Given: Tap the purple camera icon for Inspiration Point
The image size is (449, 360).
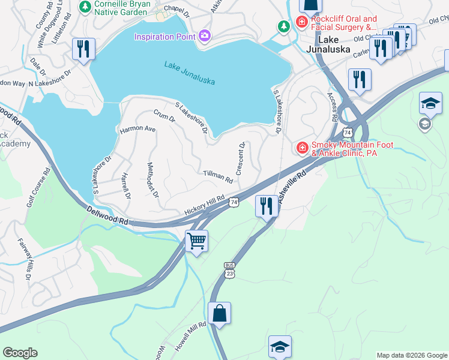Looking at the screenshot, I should [x=204, y=37].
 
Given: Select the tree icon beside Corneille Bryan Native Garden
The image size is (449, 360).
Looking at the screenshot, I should [x=85, y=7].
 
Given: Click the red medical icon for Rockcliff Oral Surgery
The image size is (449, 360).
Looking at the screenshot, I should [x=301, y=23].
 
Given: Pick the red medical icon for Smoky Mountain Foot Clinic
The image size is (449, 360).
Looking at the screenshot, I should [x=302, y=147].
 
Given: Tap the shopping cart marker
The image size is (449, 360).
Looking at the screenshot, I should [x=196, y=241].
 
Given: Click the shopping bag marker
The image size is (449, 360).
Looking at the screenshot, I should [x=219, y=313].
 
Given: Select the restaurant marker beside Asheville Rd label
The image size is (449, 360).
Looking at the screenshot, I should [x=265, y=206].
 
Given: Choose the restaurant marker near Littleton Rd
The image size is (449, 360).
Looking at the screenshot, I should [x=83, y=49].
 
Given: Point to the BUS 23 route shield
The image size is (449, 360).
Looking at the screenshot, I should [x=229, y=269].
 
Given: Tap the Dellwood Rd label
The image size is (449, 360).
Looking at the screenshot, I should [x=107, y=216].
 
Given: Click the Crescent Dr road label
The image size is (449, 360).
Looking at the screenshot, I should [x=241, y=158].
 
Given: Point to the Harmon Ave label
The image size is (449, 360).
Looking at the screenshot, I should [x=137, y=129].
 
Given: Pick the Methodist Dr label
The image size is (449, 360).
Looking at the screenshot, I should [x=153, y=180].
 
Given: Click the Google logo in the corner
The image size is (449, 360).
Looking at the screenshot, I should [x=20, y=353].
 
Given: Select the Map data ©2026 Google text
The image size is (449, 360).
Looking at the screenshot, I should [x=412, y=355].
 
